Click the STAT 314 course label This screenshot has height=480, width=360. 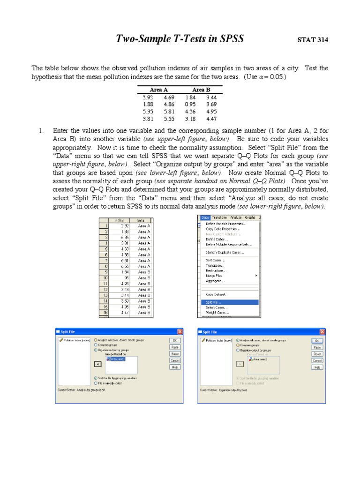click(313, 40)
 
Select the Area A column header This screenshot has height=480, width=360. click(158, 90)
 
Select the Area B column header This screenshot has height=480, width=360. click(201, 90)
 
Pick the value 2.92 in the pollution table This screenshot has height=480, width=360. click(148, 97)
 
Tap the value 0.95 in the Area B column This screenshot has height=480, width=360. click(190, 104)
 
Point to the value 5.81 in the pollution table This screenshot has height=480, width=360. click(169, 112)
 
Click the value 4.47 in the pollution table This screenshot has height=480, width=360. click(211, 119)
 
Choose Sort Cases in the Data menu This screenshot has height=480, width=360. click(215, 260)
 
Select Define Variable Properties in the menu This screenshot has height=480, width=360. click(226, 224)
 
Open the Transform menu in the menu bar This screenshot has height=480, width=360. click(219, 217)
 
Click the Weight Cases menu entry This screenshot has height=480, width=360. click(217, 312)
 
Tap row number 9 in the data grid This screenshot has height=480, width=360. click(106, 272)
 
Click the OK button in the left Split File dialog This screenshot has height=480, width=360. click(175, 341)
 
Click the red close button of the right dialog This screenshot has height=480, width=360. click(322, 332)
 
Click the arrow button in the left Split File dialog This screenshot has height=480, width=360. click(97, 364)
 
